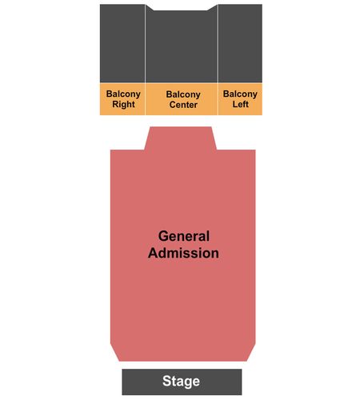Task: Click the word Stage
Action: coord(181,382)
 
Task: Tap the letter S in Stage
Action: coord(166,381)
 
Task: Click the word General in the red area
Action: coord(184,236)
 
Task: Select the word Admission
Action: coord(183,253)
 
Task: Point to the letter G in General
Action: coord(163,236)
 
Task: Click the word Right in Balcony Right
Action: coord(123,104)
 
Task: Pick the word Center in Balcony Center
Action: coord(183,105)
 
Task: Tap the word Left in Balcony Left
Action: coord(240,104)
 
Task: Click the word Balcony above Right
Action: coord(123,94)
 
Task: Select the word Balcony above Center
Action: coord(183,94)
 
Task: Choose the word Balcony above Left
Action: coord(240,94)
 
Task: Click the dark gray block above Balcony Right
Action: coord(122,43)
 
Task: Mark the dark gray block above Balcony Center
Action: coord(182,46)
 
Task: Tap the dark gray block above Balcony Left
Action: coord(240,43)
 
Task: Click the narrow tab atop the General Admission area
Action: coord(181,138)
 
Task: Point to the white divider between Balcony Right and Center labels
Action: coord(145,99)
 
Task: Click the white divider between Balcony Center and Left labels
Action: coord(218,99)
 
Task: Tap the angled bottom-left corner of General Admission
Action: coord(115,353)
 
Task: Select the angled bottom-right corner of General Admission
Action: coord(251,353)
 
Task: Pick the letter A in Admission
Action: coord(154,253)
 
